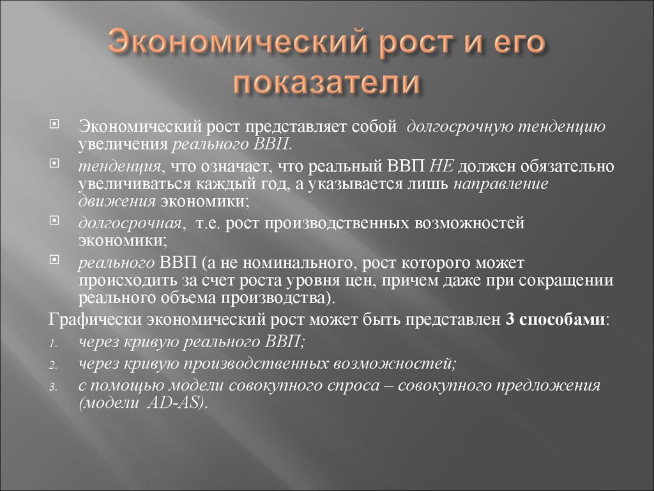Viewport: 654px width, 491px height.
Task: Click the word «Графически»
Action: [95, 320]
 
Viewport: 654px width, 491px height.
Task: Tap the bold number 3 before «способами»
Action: [509, 320]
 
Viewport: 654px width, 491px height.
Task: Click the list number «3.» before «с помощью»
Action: [54, 387]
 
